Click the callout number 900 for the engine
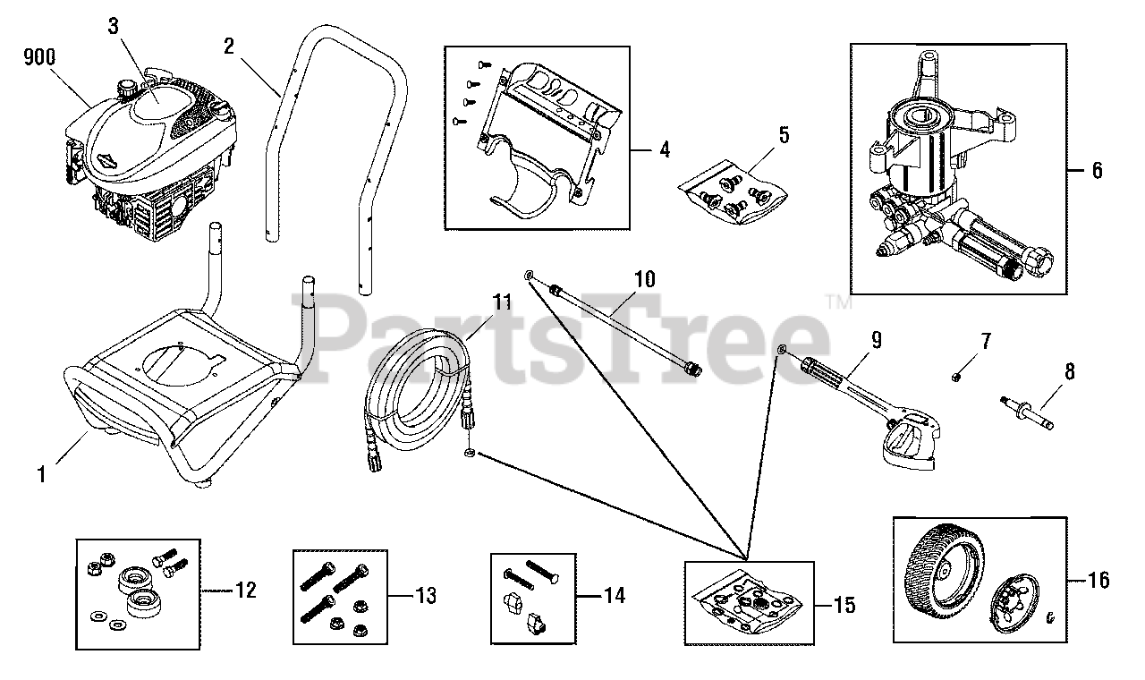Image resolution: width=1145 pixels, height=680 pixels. click(x=39, y=57)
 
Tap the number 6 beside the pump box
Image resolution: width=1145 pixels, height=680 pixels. click(x=1097, y=169)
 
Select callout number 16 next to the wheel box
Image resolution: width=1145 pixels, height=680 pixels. click(x=1098, y=580)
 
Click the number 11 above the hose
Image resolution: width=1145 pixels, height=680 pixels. click(x=503, y=302)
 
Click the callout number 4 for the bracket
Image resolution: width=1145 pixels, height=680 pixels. click(x=664, y=149)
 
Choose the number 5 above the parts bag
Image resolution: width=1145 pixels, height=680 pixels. click(x=783, y=135)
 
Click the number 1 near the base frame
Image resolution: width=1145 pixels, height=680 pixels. click(x=41, y=474)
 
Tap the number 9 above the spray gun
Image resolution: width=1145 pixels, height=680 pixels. click(x=876, y=339)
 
